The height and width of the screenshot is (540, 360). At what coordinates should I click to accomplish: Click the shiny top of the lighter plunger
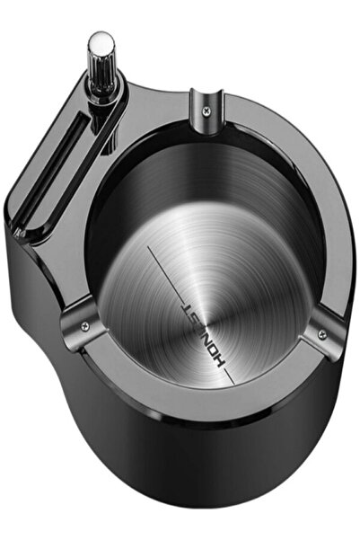point(101,42)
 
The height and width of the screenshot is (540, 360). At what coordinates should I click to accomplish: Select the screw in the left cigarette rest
point(84,324)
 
